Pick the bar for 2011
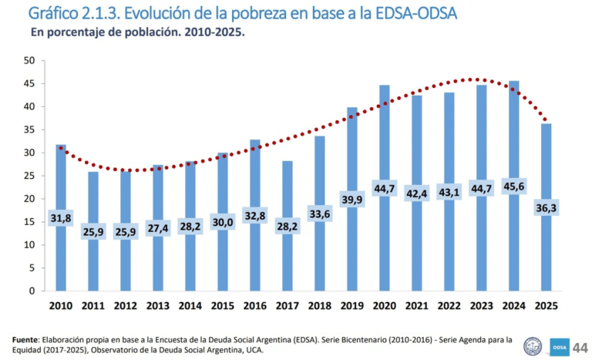[x=93, y=262]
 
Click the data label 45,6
[x=513, y=187]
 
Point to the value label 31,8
[x=61, y=218]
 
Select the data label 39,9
[x=351, y=200]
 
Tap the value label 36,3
[x=546, y=208]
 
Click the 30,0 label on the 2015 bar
[x=223, y=223]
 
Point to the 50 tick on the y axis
[x=29, y=60]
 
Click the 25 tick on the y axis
[x=29, y=176]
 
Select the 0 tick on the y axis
[x=32, y=291]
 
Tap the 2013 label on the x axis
[x=158, y=306]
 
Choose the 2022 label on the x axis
[x=449, y=306]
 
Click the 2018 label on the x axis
[x=319, y=306]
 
